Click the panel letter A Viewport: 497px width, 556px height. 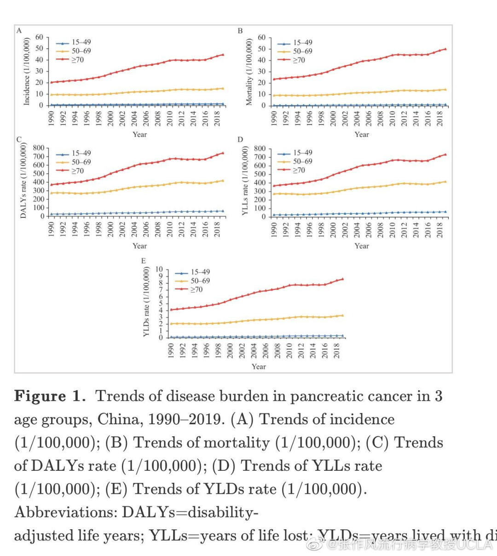pos(19,30)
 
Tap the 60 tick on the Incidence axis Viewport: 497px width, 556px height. pos(39,37)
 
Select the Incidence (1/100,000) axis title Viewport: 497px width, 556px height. pos(26,71)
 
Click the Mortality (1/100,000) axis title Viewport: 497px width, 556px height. pos(249,72)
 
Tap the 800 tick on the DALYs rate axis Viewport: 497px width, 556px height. pos(39,148)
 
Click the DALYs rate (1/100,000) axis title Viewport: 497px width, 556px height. pos(23,180)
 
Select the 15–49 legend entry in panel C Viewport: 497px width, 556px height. pos(81,153)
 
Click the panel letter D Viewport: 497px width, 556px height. pos(240,140)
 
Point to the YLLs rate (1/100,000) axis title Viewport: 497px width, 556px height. pos(245,181)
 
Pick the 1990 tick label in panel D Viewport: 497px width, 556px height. pos(274,229)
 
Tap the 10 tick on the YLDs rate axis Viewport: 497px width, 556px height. pos(159,269)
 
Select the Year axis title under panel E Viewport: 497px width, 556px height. pos(259,367)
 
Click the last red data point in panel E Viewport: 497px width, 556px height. pos(342,279)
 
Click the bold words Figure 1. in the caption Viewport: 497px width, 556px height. pos(50,396)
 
